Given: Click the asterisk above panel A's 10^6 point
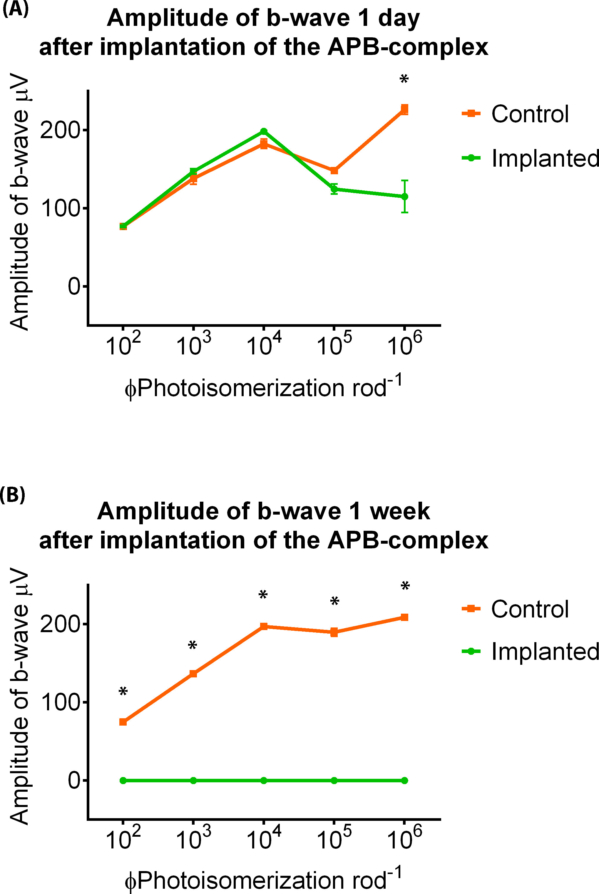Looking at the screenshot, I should (404, 79).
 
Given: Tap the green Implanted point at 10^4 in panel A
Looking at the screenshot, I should (264, 131).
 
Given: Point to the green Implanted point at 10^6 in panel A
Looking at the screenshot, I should (404, 197).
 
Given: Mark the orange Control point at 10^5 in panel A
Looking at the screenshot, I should (334, 170).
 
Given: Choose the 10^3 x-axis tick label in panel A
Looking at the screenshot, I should (193, 344).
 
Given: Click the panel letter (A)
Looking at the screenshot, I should (15, 9).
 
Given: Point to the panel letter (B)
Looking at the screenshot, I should (13, 495).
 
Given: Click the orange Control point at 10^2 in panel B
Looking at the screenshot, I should (123, 722).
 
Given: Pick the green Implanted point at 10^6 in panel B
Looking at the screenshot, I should (404, 781).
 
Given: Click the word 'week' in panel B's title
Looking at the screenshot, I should (400, 511).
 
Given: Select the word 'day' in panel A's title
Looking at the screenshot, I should (399, 18).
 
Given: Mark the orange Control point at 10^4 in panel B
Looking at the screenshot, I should (264, 626).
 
